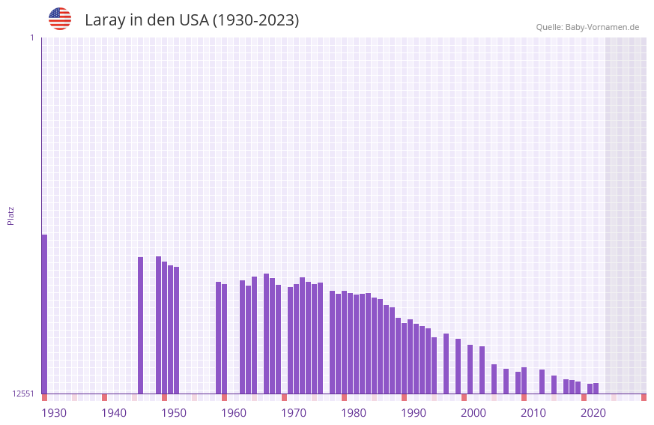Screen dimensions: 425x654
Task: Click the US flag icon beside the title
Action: tap(60, 19)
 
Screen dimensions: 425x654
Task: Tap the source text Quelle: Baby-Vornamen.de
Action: tap(587, 27)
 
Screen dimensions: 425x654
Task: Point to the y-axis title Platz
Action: tap(10, 215)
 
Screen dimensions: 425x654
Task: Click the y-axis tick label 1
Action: tap(31, 37)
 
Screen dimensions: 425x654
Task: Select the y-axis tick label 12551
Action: tap(23, 394)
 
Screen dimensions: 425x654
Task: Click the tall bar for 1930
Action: tap(44, 314)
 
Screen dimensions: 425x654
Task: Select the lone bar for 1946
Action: tap(140, 325)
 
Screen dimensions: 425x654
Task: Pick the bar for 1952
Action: tap(176, 330)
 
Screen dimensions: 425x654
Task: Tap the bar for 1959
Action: tap(218, 337)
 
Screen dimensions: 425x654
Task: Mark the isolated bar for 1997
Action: tap(446, 364)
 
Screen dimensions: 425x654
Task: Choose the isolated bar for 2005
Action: tap(494, 379)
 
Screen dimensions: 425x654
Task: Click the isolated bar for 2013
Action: tap(542, 382)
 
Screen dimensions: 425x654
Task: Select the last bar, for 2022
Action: tap(596, 388)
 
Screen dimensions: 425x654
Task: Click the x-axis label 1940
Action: tap(114, 413)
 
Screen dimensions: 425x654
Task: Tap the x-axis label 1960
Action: tap(234, 413)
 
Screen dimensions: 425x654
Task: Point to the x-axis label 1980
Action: tap(354, 413)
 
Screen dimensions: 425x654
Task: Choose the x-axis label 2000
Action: tap(473, 413)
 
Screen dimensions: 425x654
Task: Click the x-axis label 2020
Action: tap(593, 413)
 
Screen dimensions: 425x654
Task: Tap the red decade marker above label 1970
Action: tap(284, 397)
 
